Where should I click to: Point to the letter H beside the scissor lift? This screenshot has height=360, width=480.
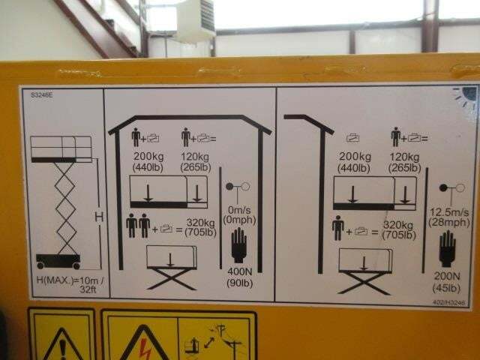(x=96, y=217)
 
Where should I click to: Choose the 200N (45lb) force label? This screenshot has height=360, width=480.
(x=446, y=281)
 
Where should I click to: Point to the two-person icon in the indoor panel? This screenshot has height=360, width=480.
(x=138, y=226)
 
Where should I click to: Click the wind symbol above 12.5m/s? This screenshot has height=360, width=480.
(x=448, y=187)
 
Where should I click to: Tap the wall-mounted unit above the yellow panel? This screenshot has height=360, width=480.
(x=195, y=21)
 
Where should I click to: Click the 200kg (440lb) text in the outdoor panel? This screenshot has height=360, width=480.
(x=355, y=162)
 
